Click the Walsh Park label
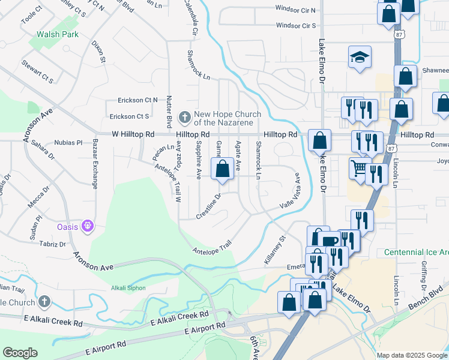[58, 35]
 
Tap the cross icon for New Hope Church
[185, 115]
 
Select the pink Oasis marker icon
[88, 226]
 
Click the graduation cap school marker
[360, 57]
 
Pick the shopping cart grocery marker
[359, 167]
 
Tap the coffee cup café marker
[330, 241]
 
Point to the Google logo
[20, 353]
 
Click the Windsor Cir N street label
[295, 9]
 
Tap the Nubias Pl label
[70, 143]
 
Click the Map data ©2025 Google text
[411, 355]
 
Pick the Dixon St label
[98, 52]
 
